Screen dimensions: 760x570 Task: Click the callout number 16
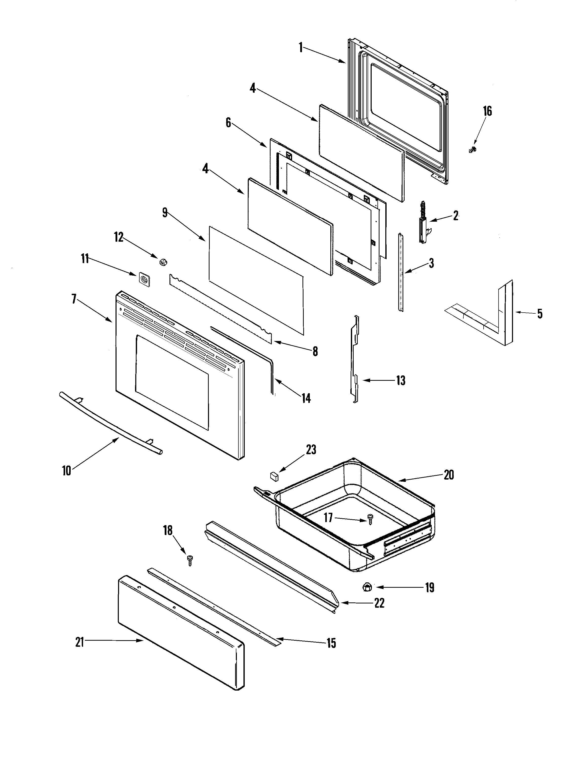(x=487, y=111)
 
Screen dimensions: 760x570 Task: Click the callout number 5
(x=540, y=313)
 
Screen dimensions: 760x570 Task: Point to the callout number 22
(x=379, y=603)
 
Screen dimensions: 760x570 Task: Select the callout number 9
(x=165, y=213)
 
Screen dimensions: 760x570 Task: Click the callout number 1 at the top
(x=301, y=47)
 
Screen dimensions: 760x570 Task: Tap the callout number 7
(x=74, y=299)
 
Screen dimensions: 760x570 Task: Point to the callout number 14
(x=306, y=398)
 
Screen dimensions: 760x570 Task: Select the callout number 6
(x=228, y=123)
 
